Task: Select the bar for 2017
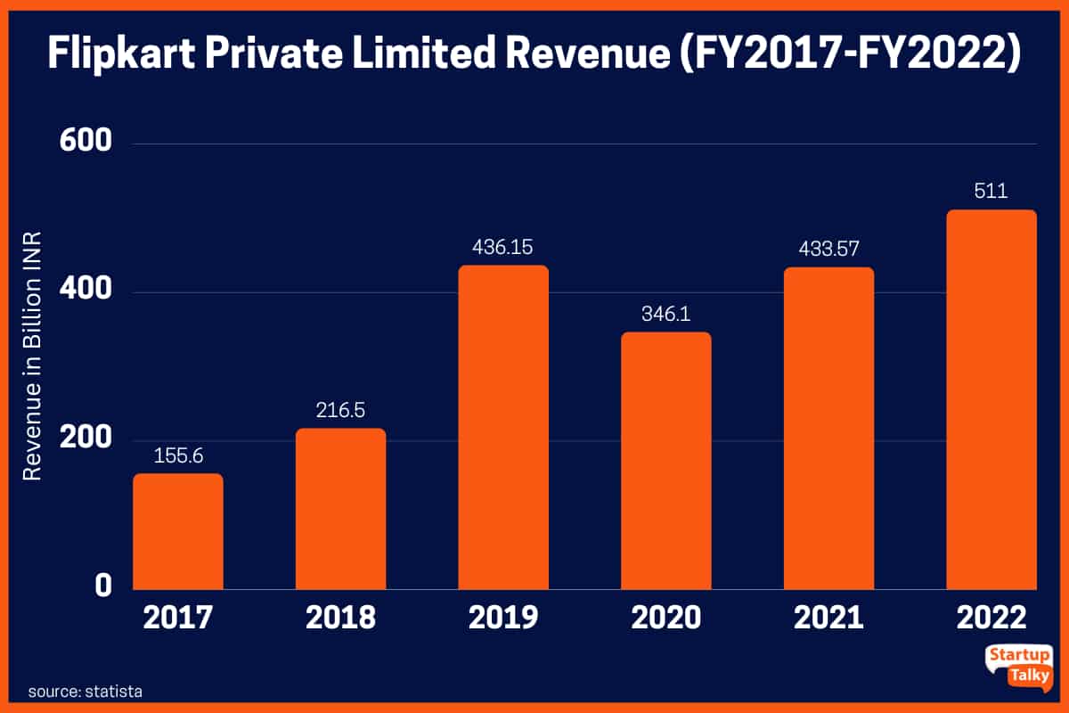coord(178,531)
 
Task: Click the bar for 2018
coord(341,509)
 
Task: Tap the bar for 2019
coord(503,427)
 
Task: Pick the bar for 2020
coord(666,461)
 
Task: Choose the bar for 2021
coord(829,428)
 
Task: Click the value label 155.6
coord(178,455)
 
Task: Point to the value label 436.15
coord(503,247)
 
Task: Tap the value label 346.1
coord(666,314)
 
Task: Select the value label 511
coord(991,192)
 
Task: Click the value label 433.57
coord(829,250)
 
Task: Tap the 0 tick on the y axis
coord(102,586)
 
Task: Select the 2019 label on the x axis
coord(503,618)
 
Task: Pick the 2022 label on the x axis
coord(991,618)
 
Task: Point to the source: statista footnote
coord(86,691)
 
